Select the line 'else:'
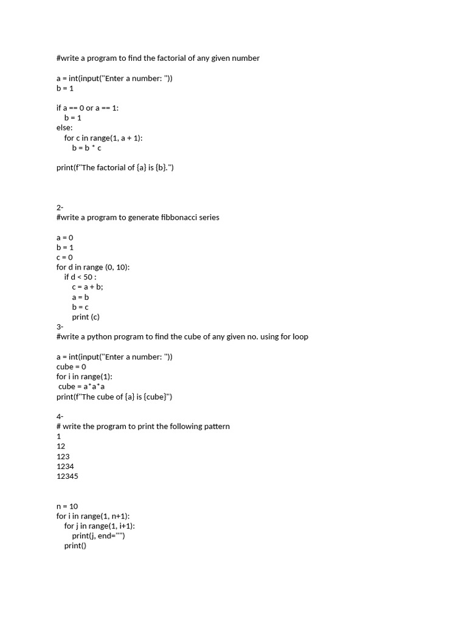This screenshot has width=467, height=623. click(64, 128)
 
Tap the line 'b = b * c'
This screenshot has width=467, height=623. click(86, 148)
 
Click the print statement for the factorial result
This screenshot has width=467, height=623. click(115, 168)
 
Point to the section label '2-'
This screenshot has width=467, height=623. click(60, 207)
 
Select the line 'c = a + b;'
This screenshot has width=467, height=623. click(88, 287)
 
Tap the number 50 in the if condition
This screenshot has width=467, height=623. click(89, 277)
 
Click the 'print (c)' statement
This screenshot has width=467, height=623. click(86, 317)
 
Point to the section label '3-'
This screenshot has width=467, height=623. click(60, 327)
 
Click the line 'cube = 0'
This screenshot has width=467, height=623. click(71, 367)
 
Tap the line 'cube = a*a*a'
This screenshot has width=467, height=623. click(82, 386)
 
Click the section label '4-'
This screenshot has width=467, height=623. click(60, 416)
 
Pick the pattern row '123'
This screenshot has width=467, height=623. click(63, 456)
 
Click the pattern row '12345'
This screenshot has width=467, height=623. click(67, 476)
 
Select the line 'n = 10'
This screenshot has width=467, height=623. click(67, 506)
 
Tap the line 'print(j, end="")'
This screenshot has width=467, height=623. click(99, 536)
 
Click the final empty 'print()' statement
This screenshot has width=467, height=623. click(75, 546)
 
